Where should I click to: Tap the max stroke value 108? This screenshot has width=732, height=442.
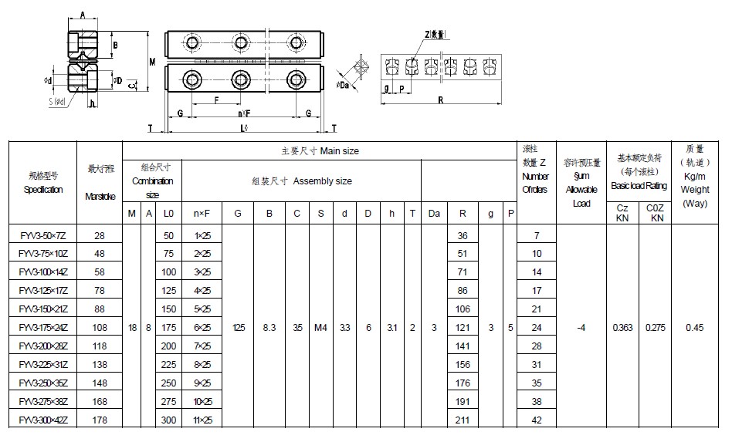pos(100,328)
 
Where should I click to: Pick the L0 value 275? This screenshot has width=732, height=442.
pos(169,402)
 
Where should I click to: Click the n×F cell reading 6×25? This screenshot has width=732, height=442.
pos(202,328)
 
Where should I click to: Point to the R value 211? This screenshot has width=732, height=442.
pos(463,420)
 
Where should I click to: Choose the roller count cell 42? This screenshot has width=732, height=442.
pos(537,420)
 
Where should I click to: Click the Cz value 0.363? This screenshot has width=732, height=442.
pos(622,328)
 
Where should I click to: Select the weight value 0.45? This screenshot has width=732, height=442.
pos(694,328)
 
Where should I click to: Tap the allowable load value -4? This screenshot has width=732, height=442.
pos(581,328)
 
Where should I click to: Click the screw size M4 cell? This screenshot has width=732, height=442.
pos(320,328)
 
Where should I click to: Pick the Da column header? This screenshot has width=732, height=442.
pos(434,214)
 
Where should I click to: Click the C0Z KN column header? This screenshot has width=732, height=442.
pos(657,213)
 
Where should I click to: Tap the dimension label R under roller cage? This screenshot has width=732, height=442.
pos(440,100)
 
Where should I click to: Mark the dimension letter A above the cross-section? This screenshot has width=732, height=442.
pos(83,15)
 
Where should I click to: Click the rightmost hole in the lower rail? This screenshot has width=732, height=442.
pos(294,78)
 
